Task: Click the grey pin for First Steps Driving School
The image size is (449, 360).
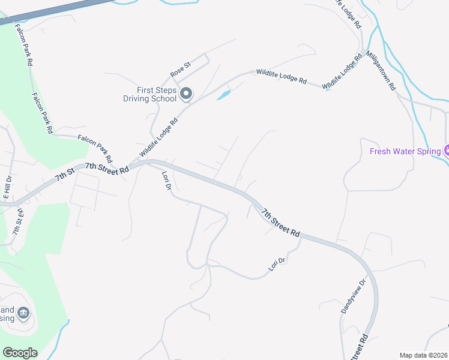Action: pyautogui.click(x=185, y=94)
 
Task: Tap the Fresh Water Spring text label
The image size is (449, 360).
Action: pyautogui.click(x=405, y=151)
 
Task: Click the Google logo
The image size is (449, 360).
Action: pyautogui.click(x=20, y=353)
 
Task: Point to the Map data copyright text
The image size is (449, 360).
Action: pyautogui.click(x=423, y=355)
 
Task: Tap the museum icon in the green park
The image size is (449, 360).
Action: pyautogui.click(x=23, y=312)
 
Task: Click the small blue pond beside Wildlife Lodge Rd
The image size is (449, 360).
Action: pyautogui.click(x=223, y=95)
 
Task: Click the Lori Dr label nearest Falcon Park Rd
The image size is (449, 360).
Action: pyautogui.click(x=167, y=181)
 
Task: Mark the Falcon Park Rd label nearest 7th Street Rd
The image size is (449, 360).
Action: pyautogui.click(x=95, y=149)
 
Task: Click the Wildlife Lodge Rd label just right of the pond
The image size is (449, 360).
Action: pyautogui.click(x=281, y=76)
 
